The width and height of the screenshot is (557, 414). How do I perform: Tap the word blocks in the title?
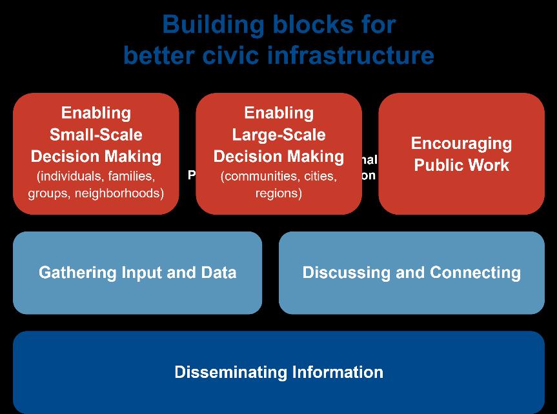coord(304,25)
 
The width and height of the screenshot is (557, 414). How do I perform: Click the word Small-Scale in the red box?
coord(96,135)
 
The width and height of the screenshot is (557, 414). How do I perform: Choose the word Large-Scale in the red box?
coord(279,135)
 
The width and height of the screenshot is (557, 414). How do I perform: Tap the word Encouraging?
coord(461,143)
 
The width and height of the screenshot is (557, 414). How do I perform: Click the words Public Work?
coord(461,165)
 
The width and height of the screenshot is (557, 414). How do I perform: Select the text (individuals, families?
coord(96,176)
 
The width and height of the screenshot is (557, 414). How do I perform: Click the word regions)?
coord(279,193)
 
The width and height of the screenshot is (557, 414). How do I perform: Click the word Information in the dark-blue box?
coord(338,372)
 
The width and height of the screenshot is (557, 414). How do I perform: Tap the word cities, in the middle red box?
coord(316,176)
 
